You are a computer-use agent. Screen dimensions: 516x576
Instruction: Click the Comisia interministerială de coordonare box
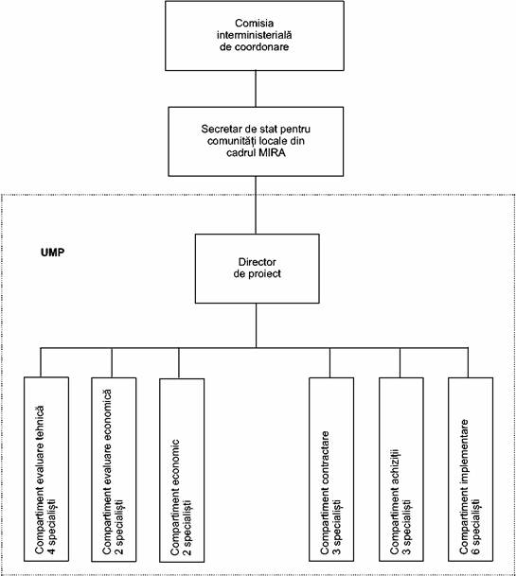pyautogui.click(x=255, y=36)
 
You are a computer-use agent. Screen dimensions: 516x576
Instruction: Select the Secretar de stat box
pyautogui.click(x=256, y=142)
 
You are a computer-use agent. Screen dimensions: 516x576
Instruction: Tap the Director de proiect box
pyautogui.click(x=258, y=269)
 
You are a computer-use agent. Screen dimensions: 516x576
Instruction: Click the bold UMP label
pyautogui.click(x=53, y=253)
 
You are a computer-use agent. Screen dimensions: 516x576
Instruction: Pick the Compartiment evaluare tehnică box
pyautogui.click(x=46, y=469)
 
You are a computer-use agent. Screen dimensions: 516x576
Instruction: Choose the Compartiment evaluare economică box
pyautogui.click(x=114, y=469)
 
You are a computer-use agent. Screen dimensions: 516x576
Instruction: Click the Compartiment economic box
pyautogui.click(x=182, y=470)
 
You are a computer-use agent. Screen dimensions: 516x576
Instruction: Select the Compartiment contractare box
pyautogui.click(x=331, y=469)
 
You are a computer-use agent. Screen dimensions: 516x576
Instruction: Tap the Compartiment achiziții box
pyautogui.click(x=401, y=469)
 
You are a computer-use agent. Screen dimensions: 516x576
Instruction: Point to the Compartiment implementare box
pyautogui.click(x=471, y=469)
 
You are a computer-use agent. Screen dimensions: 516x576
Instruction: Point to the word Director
pyautogui.click(x=258, y=262)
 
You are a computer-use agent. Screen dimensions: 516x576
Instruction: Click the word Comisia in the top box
pyautogui.click(x=254, y=24)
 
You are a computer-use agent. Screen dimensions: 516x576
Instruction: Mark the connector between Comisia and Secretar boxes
pyautogui.click(x=256, y=89)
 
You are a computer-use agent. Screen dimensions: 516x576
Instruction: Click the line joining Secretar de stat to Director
pyautogui.click(x=256, y=205)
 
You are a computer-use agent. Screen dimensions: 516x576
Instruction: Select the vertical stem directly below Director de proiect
pyautogui.click(x=257, y=325)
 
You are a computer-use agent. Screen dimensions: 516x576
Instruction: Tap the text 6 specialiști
pyautogui.click(x=476, y=526)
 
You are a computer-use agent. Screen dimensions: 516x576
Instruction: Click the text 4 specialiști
pyautogui.click(x=52, y=526)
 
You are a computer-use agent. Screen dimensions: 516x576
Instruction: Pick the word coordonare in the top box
pyautogui.click(x=264, y=47)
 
